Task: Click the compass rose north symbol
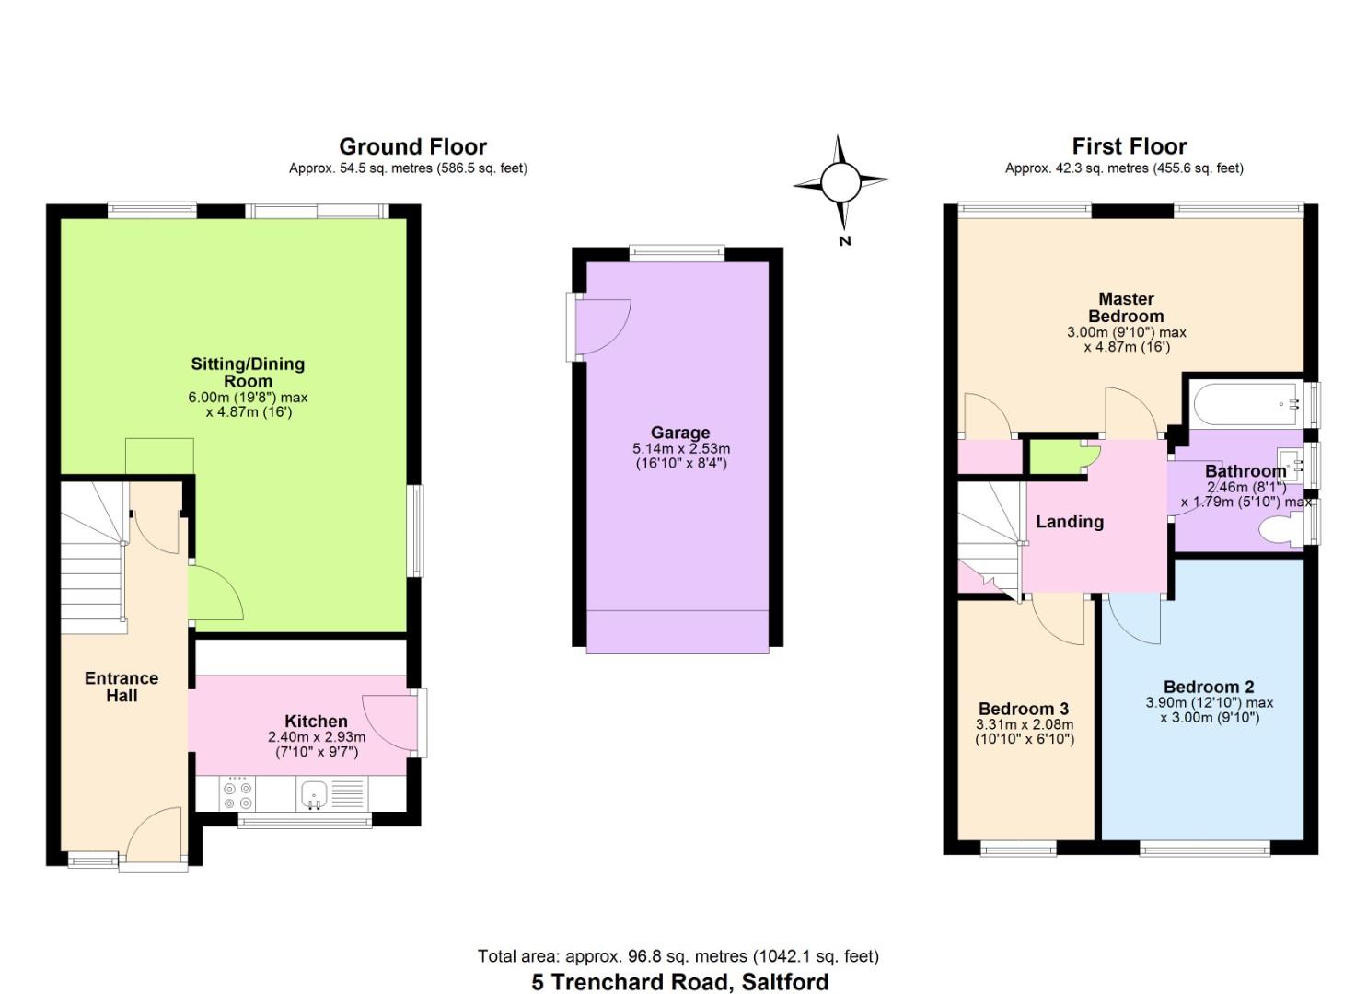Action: (840, 183)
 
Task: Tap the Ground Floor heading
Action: (412, 146)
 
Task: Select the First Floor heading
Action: (1129, 146)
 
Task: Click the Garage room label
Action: (680, 433)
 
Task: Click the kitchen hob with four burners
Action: (237, 794)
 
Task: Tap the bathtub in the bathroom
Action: (1244, 402)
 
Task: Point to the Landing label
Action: (1069, 522)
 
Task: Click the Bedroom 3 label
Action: (1023, 709)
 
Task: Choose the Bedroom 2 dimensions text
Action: (1209, 711)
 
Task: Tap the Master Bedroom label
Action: (1126, 307)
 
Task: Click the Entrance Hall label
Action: (122, 687)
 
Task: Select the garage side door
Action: (600, 327)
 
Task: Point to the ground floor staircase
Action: (92, 561)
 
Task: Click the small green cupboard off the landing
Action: (1058, 457)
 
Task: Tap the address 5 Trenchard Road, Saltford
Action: (679, 982)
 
